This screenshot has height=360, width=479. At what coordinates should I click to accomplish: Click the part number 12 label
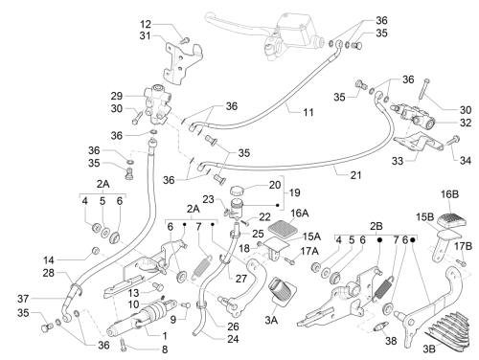(146, 25)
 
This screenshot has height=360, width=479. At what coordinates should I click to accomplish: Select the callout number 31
(145, 35)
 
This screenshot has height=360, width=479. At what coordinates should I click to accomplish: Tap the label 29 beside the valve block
(117, 96)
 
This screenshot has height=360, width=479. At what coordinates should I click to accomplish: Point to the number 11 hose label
(308, 112)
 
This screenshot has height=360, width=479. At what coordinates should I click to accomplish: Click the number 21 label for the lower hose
(355, 175)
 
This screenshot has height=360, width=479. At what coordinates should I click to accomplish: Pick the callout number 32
(466, 123)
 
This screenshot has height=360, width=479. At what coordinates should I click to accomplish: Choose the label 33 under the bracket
(398, 161)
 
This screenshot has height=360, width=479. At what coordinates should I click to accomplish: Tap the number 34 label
(466, 161)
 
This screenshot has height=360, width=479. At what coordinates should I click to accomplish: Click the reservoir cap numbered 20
(237, 191)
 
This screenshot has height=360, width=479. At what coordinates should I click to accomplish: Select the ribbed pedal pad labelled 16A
(280, 229)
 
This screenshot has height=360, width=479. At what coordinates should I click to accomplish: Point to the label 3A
(271, 320)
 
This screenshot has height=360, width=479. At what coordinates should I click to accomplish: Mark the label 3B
(429, 349)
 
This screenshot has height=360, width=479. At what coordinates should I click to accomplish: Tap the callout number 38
(391, 341)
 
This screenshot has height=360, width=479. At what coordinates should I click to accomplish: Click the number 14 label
(49, 260)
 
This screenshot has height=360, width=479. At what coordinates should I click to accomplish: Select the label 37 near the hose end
(23, 299)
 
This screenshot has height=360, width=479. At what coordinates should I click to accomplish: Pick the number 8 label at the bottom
(165, 349)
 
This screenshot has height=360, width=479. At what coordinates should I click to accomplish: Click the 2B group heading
(376, 227)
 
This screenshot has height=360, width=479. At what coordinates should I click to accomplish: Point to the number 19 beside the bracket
(294, 192)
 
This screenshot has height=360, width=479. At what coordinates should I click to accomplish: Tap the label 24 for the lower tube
(233, 339)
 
